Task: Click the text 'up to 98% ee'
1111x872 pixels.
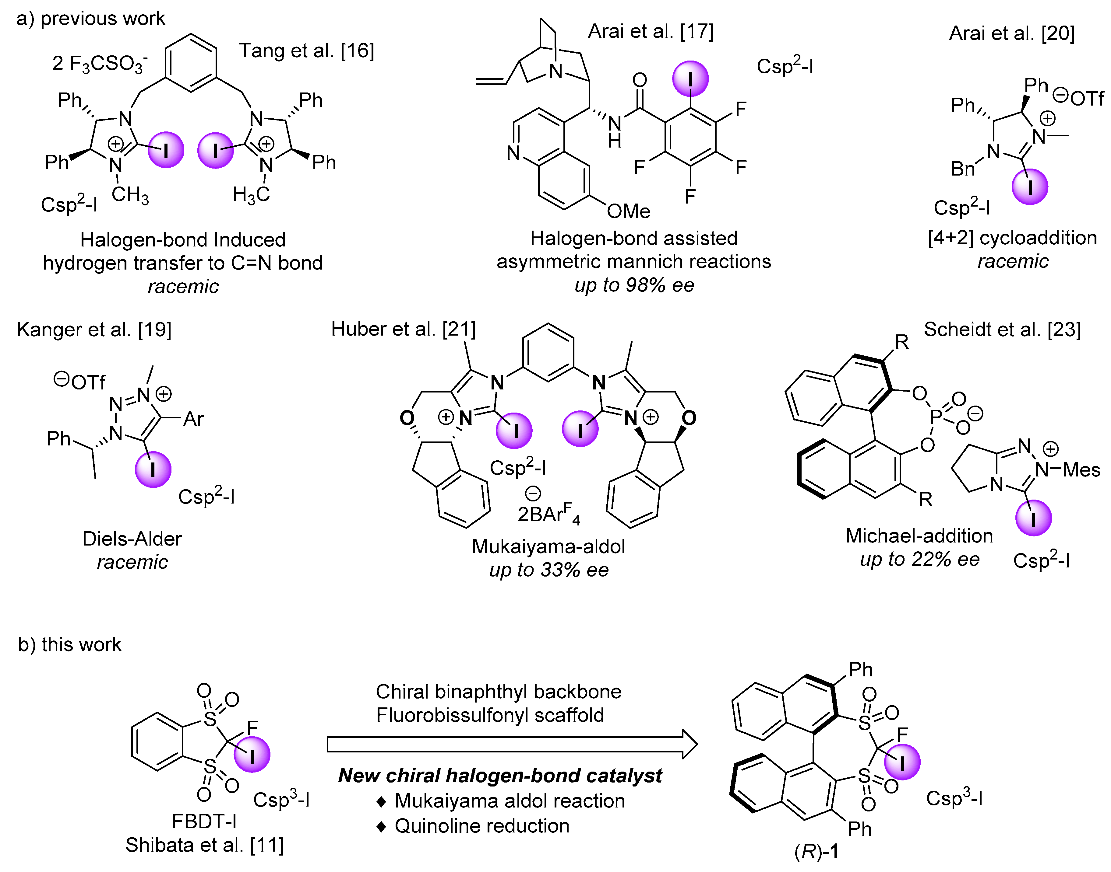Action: coord(634,285)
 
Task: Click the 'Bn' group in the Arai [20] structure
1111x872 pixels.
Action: coord(962,169)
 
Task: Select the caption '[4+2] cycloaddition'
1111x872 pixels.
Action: coord(1012,238)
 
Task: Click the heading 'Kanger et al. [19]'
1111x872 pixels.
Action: coord(94,330)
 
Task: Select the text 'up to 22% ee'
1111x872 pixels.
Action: coord(919,560)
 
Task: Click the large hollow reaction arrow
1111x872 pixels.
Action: coord(511,745)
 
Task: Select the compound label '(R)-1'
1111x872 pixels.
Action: coord(816,852)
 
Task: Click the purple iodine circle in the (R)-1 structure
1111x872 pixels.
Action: coord(902,762)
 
